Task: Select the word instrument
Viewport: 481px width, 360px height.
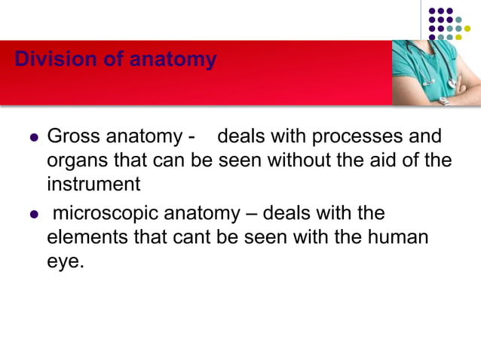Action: tap(93, 183)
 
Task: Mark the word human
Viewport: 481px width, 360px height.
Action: tap(401, 237)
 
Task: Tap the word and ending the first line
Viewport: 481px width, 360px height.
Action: tap(426, 137)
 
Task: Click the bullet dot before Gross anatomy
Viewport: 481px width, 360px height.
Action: tap(32, 139)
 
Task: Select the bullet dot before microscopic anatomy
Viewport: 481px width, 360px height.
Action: tap(32, 215)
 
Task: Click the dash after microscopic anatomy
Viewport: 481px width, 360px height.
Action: tap(254, 215)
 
